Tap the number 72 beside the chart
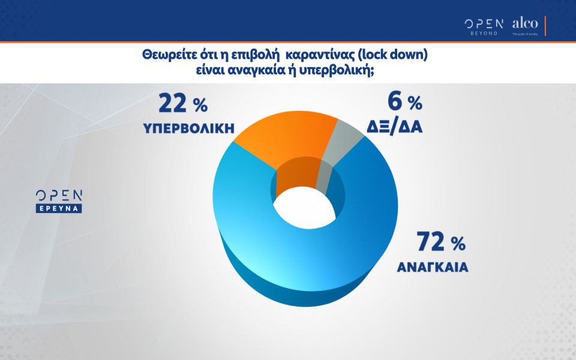coord(430,242)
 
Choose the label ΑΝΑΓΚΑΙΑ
coord(432,268)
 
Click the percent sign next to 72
coord(458,244)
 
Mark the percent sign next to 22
coord(200,106)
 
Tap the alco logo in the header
coord(525,25)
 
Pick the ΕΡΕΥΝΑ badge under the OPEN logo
coord(58,208)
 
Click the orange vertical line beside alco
coord(545,26)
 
